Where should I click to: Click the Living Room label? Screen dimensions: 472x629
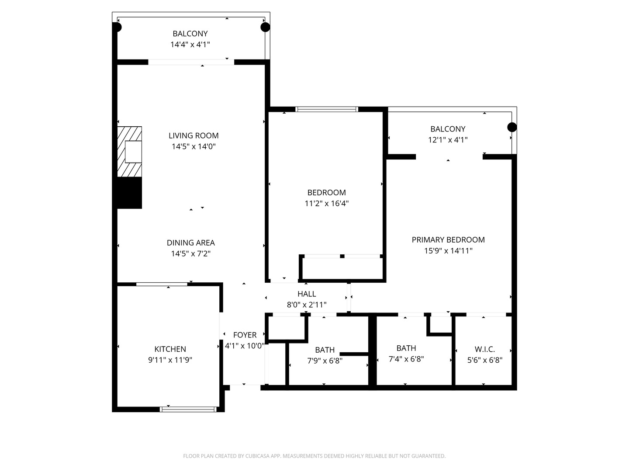click(x=194, y=135)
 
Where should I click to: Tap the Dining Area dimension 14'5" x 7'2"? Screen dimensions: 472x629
click(x=191, y=253)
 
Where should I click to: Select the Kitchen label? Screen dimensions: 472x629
click(x=170, y=349)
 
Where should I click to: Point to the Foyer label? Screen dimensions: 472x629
click(x=245, y=335)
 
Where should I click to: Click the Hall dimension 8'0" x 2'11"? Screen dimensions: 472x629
click(x=307, y=305)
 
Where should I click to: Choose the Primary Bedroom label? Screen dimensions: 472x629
click(x=448, y=239)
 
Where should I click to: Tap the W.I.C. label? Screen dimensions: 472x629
click(x=484, y=349)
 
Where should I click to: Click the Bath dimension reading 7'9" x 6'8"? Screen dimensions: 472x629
click(x=325, y=361)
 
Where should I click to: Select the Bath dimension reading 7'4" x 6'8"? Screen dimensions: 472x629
click(x=406, y=359)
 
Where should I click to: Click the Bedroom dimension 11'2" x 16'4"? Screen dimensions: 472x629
click(x=326, y=203)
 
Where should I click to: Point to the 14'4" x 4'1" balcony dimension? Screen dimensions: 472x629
click(x=190, y=44)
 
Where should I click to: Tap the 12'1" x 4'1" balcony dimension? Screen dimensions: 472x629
click(x=448, y=140)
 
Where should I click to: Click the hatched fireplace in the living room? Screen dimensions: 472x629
click(x=129, y=152)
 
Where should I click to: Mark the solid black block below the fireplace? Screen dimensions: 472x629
click(x=129, y=193)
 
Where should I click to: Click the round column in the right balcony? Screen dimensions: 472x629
click(x=512, y=127)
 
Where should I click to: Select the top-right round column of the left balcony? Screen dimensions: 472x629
click(x=265, y=27)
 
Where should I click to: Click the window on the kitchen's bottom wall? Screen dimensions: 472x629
click(x=188, y=410)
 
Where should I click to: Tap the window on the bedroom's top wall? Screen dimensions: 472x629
click(x=327, y=109)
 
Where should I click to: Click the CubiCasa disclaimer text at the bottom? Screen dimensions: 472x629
click(x=314, y=456)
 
